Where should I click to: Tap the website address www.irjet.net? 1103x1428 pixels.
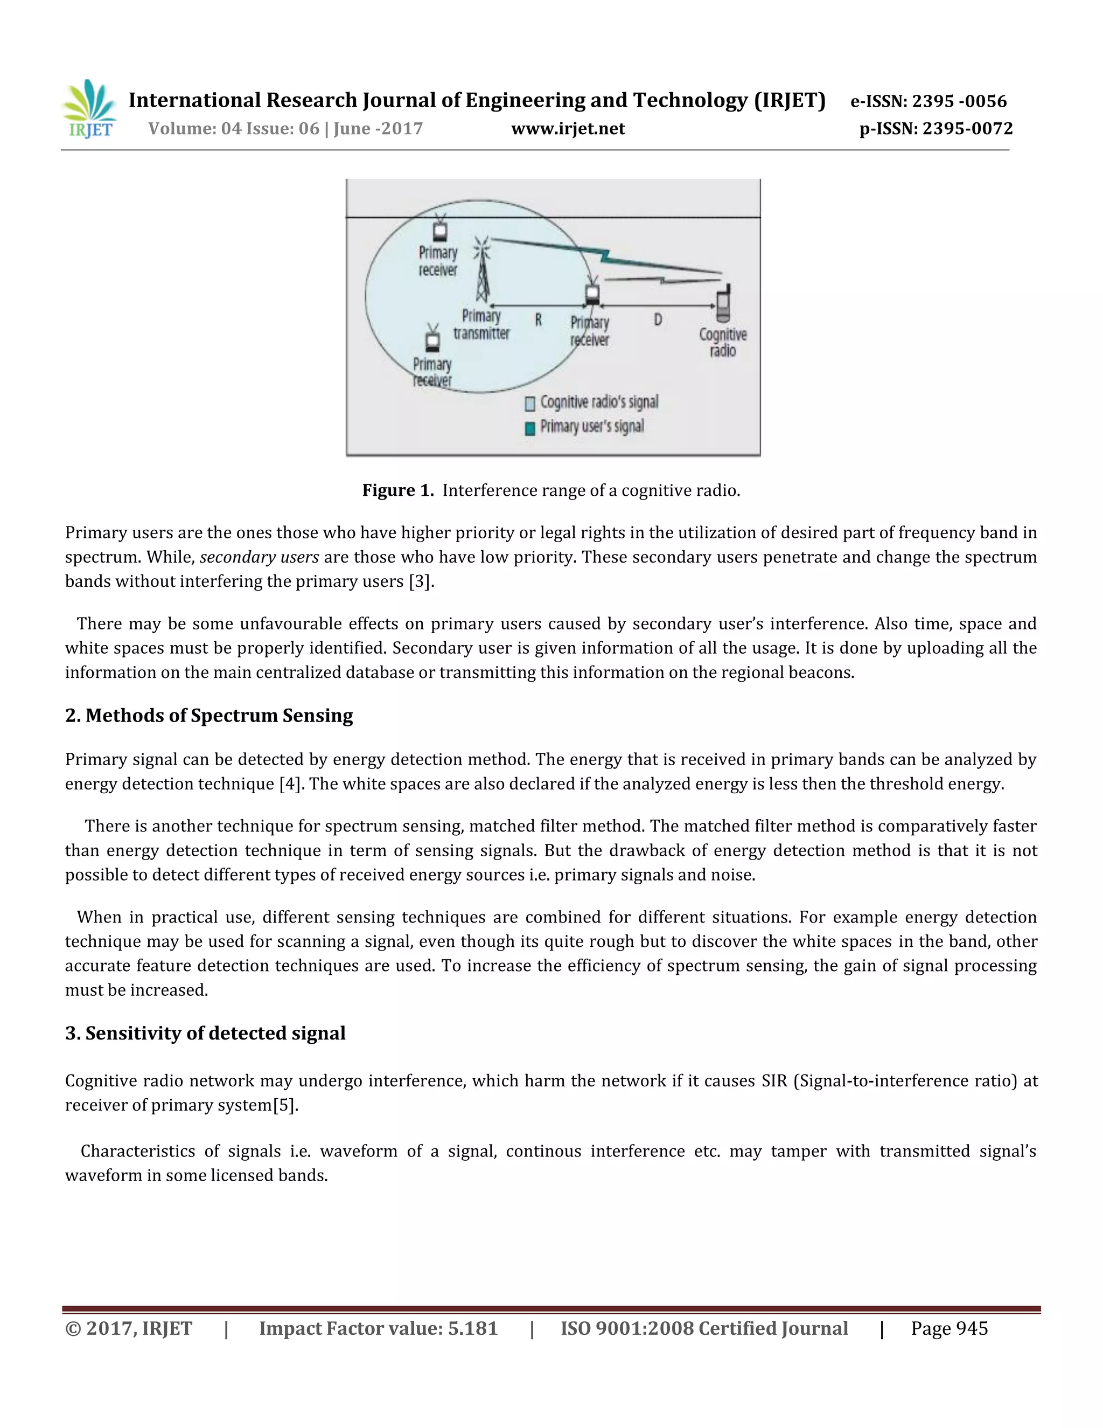tap(568, 129)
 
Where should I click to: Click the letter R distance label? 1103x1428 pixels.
tap(539, 320)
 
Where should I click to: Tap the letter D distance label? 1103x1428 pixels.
tap(658, 319)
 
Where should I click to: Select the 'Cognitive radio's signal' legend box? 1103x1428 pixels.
tap(530, 404)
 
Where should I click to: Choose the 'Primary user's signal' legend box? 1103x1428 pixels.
tap(530, 428)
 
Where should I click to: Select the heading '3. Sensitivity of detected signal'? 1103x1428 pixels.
tap(205, 1033)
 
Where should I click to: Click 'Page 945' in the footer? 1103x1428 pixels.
tap(949, 1329)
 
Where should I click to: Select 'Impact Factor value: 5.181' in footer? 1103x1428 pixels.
tap(378, 1329)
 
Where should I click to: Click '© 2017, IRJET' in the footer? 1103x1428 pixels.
tap(129, 1329)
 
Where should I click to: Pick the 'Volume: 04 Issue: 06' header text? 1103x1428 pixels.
tap(233, 129)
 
